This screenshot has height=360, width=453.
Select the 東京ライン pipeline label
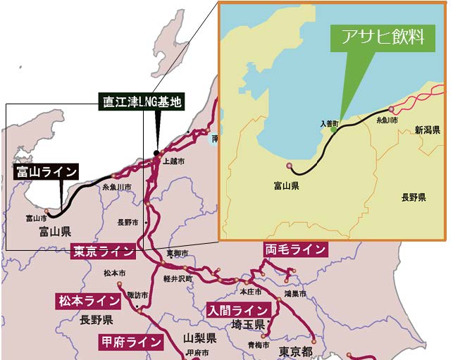tap(103, 252)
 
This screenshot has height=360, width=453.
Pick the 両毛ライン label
tap(295, 249)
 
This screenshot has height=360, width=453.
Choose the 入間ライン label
tap(237, 309)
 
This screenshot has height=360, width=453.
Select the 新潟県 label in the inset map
tap(427, 130)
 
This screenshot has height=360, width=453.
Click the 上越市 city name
tap(174, 161)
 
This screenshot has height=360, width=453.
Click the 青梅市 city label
tap(258, 345)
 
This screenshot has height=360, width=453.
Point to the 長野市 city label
tap(128, 222)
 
